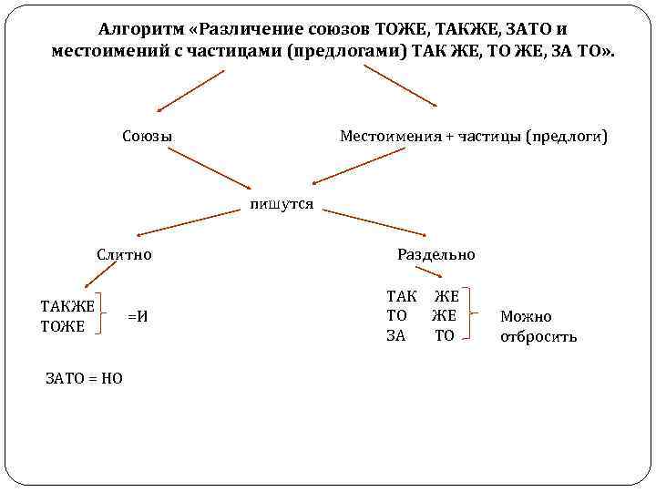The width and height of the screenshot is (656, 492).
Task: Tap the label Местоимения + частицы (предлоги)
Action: click(473, 137)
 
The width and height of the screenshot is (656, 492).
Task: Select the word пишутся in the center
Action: click(282, 204)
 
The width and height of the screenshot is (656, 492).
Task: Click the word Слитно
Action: click(125, 255)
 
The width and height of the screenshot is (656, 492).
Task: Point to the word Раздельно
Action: click(436, 255)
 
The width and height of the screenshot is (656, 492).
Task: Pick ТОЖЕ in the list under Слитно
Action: click(62, 326)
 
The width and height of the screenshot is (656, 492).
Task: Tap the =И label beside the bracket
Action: click(138, 316)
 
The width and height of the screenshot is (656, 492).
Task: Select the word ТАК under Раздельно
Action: click(402, 296)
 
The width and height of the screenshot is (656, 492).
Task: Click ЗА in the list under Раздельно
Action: click(396, 335)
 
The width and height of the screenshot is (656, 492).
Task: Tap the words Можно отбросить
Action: click(538, 326)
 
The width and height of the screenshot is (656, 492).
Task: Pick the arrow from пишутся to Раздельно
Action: click(374, 224)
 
